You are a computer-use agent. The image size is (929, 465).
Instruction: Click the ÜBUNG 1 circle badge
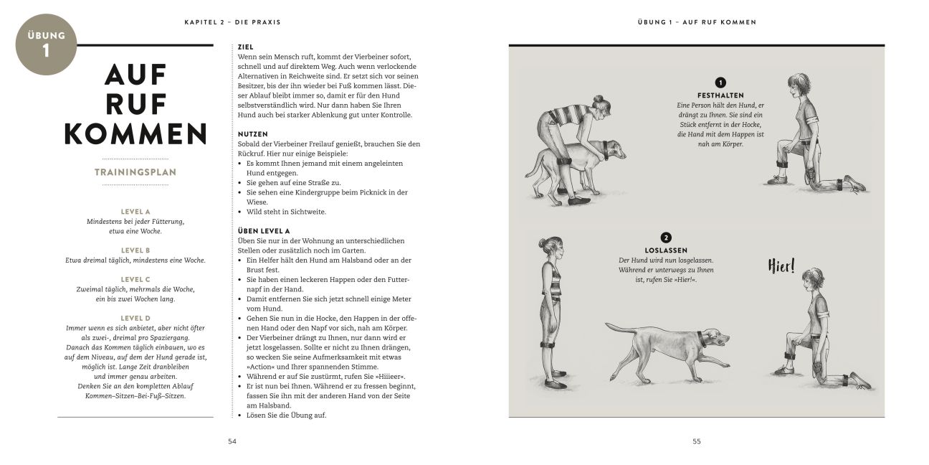(x=46, y=44)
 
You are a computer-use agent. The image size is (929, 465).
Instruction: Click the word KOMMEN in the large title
(x=135, y=133)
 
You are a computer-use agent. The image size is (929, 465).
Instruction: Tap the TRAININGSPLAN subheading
(x=135, y=172)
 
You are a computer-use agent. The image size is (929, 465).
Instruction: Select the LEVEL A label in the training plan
(x=135, y=212)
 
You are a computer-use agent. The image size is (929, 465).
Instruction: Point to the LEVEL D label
(x=135, y=317)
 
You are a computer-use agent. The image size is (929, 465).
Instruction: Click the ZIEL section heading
(x=245, y=47)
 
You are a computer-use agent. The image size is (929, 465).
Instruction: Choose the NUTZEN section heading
(x=252, y=134)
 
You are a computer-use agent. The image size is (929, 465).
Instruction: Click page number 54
(x=232, y=441)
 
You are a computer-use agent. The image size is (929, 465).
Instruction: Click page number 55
(x=697, y=441)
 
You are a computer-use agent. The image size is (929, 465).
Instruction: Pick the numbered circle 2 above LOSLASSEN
(x=666, y=238)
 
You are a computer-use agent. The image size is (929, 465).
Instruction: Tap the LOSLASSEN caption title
(x=666, y=250)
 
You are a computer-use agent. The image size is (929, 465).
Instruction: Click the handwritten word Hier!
(x=782, y=266)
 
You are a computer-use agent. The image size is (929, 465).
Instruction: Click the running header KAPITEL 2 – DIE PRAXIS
(x=232, y=22)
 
